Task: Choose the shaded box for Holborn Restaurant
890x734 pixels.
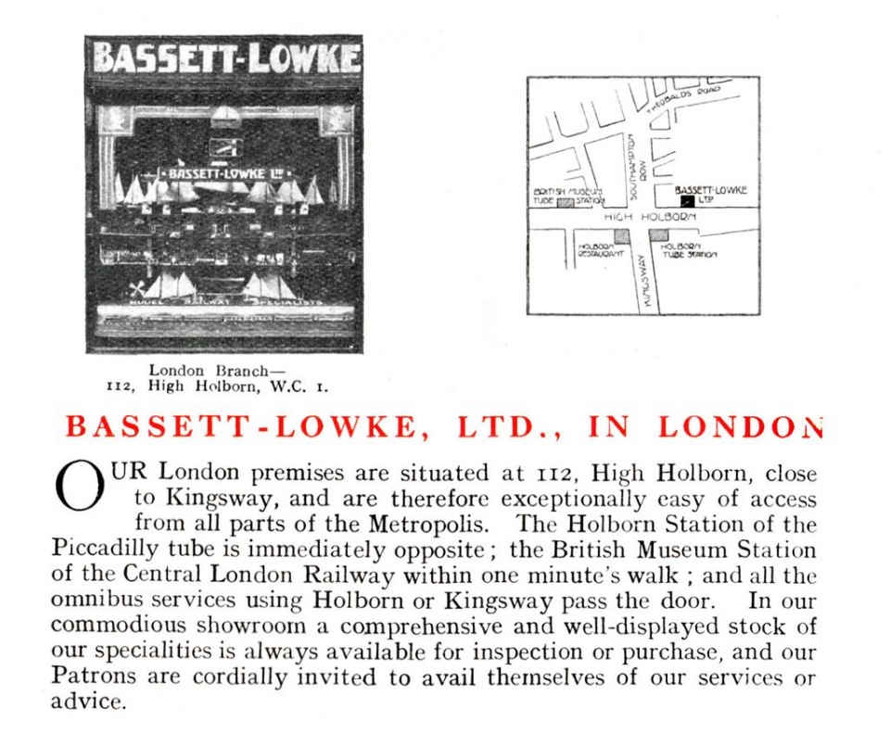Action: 622,236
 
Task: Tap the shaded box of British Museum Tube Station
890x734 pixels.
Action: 564,201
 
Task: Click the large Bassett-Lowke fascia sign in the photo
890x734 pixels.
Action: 225,58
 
